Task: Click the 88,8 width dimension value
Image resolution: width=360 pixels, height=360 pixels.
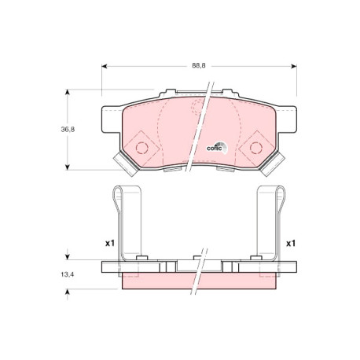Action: pyautogui.click(x=199, y=66)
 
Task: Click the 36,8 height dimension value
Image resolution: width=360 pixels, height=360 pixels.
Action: pyautogui.click(x=68, y=129)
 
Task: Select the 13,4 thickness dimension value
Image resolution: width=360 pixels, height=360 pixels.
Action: pyautogui.click(x=68, y=274)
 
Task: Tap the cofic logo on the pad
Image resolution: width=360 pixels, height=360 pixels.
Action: pyautogui.click(x=217, y=147)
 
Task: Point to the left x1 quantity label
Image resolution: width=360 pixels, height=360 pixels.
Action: pyautogui.click(x=110, y=244)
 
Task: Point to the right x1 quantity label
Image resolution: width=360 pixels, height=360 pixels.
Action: pyautogui.click(x=291, y=244)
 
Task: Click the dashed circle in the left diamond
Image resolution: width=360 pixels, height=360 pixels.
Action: pyautogui.click(x=141, y=147)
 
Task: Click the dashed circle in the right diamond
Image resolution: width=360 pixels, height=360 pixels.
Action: pyautogui.click(x=256, y=148)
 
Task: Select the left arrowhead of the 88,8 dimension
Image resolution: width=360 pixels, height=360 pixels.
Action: pyautogui.click(x=105, y=66)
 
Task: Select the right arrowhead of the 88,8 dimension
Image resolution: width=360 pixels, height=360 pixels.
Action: pyautogui.click(x=294, y=66)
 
